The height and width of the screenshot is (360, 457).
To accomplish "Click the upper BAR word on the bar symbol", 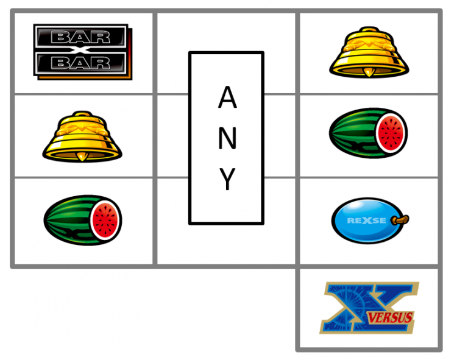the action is click(x=80, y=37).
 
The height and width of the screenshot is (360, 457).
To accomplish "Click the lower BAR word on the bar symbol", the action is click(x=80, y=63).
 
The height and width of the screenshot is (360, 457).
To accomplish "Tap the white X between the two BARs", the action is click(x=80, y=50).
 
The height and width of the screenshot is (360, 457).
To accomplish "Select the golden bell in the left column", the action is click(x=82, y=136).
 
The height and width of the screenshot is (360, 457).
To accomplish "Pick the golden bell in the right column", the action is click(x=369, y=52).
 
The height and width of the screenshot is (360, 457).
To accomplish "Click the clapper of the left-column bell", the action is click(x=82, y=157).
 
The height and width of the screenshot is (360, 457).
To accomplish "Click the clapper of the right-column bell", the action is click(x=369, y=72).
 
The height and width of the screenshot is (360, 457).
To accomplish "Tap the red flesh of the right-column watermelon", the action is click(x=391, y=133).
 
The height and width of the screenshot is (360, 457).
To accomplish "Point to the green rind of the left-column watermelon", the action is click(x=68, y=220).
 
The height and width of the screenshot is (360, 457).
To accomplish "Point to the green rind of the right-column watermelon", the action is click(x=353, y=133).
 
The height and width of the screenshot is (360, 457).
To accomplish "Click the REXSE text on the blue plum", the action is click(x=366, y=221).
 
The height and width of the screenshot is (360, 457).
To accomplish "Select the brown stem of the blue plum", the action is click(x=400, y=219).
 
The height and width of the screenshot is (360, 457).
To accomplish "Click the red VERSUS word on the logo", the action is click(x=390, y=318).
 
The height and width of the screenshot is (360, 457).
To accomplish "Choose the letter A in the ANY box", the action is click(x=227, y=97).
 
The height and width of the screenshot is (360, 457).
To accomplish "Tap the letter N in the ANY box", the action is click(x=227, y=138).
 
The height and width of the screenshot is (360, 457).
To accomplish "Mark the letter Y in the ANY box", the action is click(x=227, y=179).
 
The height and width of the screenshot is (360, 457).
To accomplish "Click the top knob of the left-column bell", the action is click(x=82, y=113).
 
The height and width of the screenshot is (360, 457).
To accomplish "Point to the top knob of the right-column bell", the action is click(x=369, y=29).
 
